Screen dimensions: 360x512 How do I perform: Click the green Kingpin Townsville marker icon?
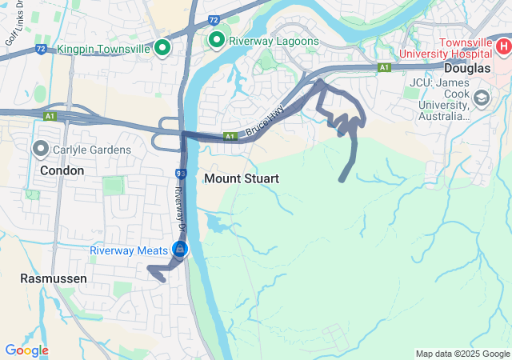[x=162, y=49]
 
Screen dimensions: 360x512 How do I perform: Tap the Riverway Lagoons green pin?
[x=216, y=40]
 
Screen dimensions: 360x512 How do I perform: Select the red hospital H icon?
[x=502, y=47]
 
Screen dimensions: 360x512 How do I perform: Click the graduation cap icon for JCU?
[x=482, y=99]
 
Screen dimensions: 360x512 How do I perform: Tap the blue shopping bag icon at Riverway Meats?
[x=179, y=250]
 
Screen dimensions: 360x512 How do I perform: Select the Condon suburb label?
[x=62, y=170]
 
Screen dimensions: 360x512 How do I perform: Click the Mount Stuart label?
[x=242, y=178]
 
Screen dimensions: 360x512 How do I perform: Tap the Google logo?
[x=26, y=350]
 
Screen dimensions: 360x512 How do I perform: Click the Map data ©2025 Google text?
[x=462, y=354]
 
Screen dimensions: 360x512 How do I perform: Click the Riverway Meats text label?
[x=128, y=250]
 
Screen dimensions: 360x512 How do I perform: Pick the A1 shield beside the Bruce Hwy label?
[x=230, y=137]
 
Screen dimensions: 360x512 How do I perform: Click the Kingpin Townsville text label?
[x=104, y=49]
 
